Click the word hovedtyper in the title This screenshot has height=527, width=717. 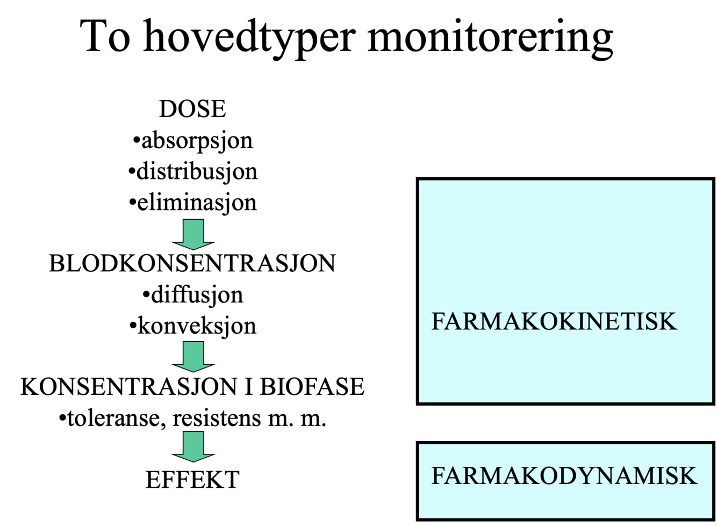click(249, 37)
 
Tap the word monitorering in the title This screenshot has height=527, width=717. click(490, 37)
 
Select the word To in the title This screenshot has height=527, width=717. click(105, 37)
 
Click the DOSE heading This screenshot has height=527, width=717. click(192, 109)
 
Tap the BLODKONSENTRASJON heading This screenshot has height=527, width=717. click(192, 264)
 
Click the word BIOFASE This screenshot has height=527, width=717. click(312, 387)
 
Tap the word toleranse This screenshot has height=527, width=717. click(113, 418)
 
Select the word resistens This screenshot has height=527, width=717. click(216, 418)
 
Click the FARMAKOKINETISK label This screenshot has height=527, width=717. click(554, 322)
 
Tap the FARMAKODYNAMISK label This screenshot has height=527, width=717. click(564, 476)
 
